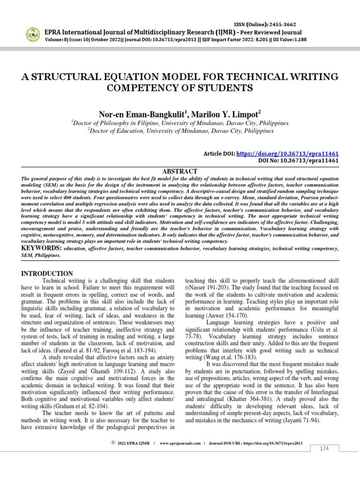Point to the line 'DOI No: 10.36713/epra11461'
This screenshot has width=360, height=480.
click(x=299, y=161)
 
